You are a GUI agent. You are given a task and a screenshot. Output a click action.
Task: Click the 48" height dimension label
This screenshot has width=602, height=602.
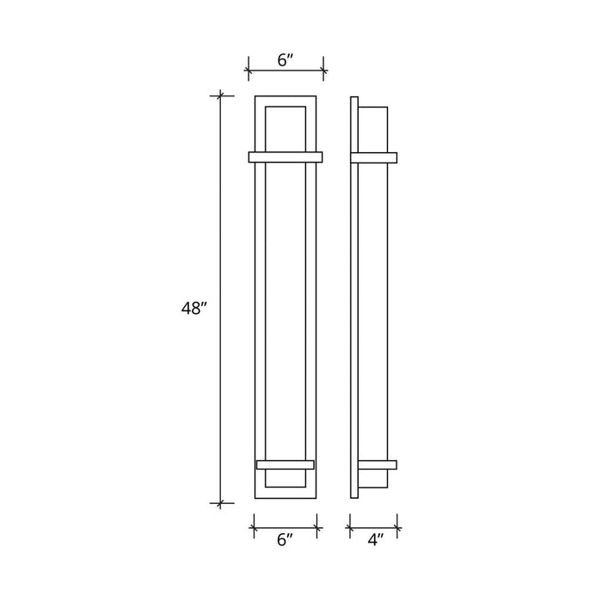coord(195,309)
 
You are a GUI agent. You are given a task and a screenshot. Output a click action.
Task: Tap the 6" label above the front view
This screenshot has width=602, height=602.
coord(286,60)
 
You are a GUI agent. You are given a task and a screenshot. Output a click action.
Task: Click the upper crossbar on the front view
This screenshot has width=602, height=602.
coord(286,157)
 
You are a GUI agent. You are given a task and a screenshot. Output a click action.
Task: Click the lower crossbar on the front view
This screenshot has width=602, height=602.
coord(286,465)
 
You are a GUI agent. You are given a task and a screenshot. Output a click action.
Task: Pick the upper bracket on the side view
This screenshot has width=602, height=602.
coord(375,157)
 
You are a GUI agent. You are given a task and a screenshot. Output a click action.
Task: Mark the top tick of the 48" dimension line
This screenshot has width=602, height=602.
coord(222,95)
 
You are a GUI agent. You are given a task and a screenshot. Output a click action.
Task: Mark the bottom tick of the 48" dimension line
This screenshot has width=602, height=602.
coord(222,503)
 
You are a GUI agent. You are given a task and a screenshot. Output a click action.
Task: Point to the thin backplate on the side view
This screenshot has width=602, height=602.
coord(354,301)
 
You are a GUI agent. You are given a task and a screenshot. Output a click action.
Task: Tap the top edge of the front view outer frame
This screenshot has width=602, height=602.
coord(286,95)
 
